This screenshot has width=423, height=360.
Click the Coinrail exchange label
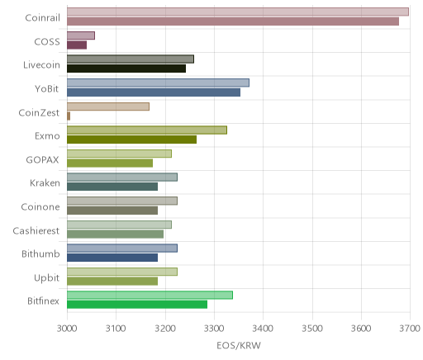tap(42, 17)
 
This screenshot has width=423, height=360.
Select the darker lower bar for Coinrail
tap(233, 21)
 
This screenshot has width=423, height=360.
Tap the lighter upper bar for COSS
tap(81, 36)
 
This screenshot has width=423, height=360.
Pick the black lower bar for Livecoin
tap(126, 69)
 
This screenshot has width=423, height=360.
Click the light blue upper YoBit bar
tap(158, 83)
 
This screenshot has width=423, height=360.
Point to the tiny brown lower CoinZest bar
tap(69, 116)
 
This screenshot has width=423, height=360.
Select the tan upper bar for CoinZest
tap(108, 107)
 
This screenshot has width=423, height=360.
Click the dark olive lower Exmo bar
tap(132, 140)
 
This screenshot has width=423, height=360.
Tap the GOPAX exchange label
tap(42, 160)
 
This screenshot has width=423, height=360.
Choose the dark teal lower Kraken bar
tap(112, 187)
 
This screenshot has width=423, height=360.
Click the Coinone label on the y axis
tap(40, 206)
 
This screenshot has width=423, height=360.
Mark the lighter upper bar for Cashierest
tap(119, 225)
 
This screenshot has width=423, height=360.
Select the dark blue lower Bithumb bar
tap(112, 258)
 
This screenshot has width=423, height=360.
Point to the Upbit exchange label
tap(46, 277)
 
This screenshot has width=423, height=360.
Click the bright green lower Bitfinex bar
tap(137, 305)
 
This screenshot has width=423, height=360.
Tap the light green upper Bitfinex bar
tap(150, 295)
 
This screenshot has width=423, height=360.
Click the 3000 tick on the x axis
tap(67, 329)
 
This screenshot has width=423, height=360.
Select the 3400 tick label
tap(263, 329)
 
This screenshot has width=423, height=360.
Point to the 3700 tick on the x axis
tap(410, 329)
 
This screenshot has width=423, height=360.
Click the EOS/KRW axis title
tap(239, 345)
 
